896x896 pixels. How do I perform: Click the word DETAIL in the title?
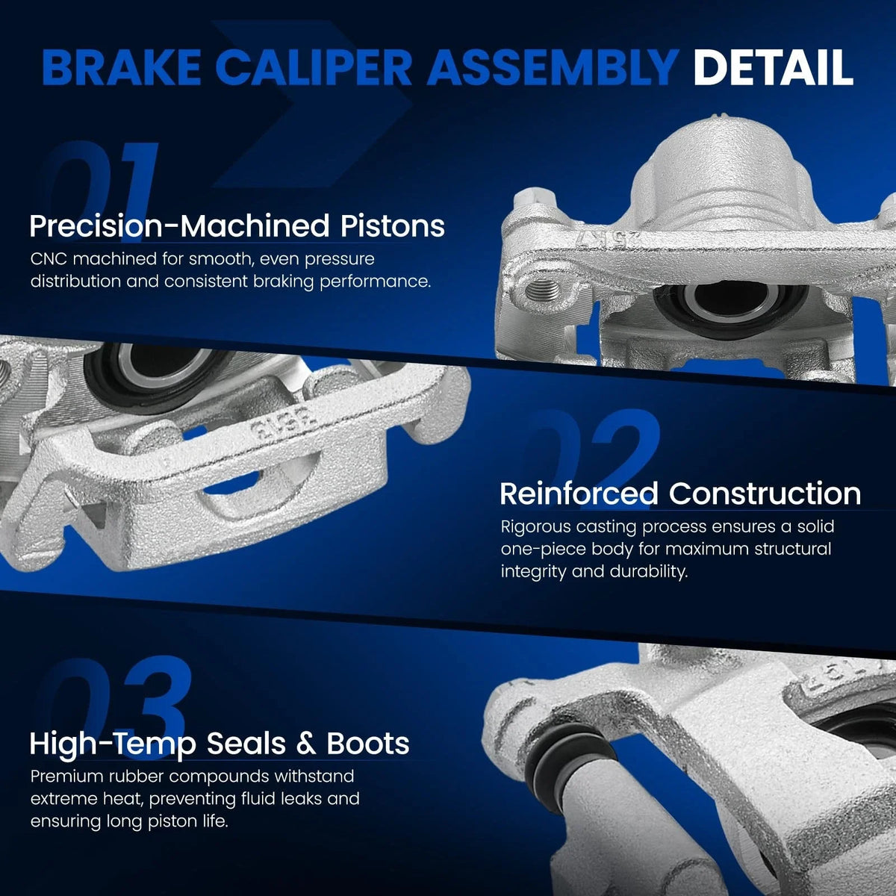point(774,68)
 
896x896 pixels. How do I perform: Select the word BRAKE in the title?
point(121,68)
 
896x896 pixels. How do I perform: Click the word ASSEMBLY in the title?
point(553,68)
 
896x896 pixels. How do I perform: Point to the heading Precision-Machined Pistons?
point(237,226)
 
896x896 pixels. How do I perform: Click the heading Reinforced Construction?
point(680,494)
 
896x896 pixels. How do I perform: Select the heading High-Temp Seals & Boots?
point(220,744)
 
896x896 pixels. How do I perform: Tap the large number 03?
point(116,707)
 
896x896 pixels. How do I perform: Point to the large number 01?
point(102,190)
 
